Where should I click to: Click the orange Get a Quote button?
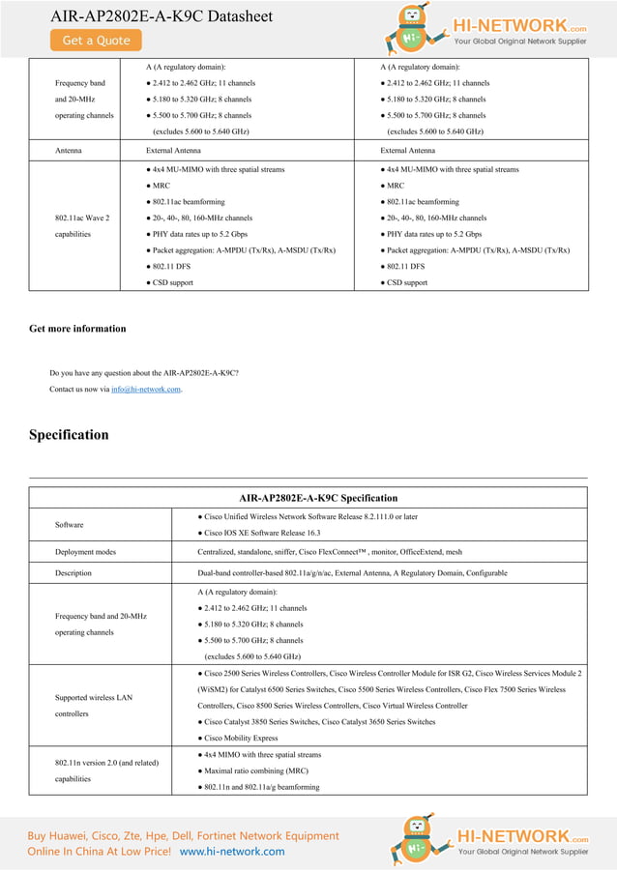[96, 41]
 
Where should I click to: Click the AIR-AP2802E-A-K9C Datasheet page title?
[162, 15]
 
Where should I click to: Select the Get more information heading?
[77, 329]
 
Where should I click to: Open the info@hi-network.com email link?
[145, 390]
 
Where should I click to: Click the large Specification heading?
[69, 435]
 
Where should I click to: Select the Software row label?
[69, 525]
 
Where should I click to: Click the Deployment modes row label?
[85, 552]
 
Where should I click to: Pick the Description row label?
[73, 573]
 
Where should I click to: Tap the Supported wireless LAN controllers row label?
[93, 706]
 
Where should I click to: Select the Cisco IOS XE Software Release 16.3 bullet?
[258, 533]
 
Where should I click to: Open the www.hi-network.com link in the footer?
[232, 852]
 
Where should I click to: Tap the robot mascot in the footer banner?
[412, 841]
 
